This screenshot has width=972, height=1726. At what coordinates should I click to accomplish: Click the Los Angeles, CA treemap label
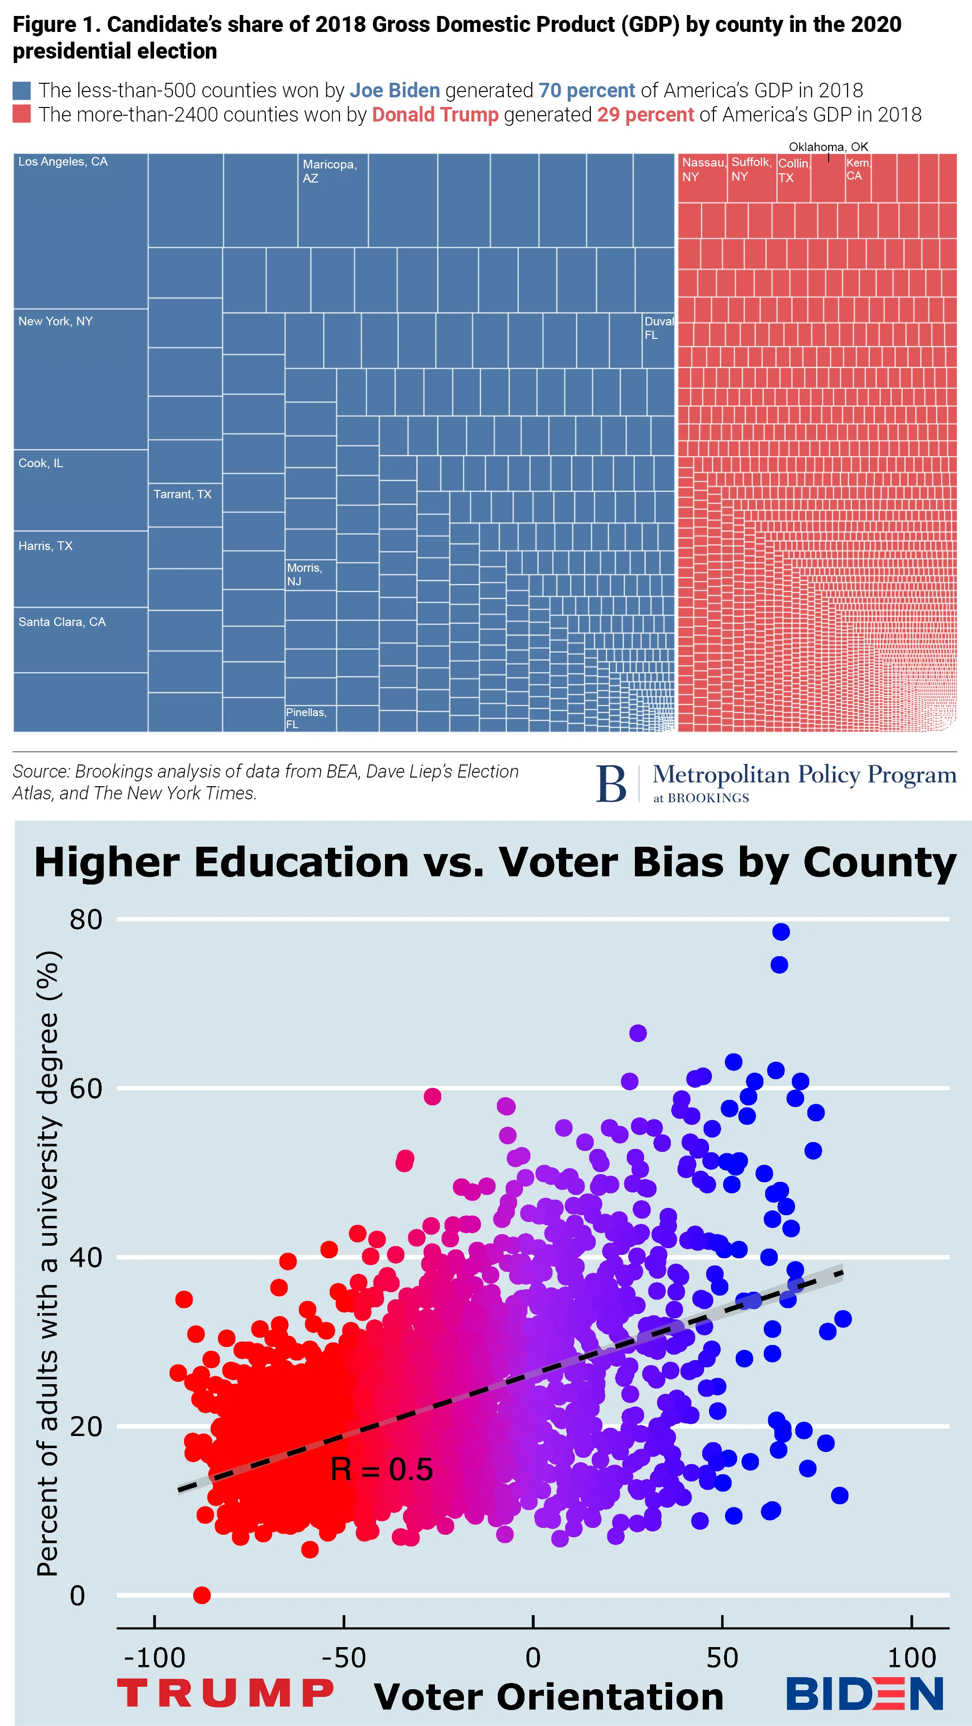pyautogui.click(x=62, y=162)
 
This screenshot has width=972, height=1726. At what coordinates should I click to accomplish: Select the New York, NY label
pyautogui.click(x=55, y=321)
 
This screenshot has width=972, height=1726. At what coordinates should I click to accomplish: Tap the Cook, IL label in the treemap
pyautogui.click(x=40, y=463)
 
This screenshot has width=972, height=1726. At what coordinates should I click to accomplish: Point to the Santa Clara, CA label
pyautogui.click(x=62, y=622)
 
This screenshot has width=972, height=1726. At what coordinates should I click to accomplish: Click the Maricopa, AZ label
pyautogui.click(x=329, y=171)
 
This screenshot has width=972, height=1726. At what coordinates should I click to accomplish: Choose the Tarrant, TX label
pyautogui.click(x=182, y=494)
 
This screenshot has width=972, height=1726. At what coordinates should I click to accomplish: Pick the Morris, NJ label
pyautogui.click(x=304, y=574)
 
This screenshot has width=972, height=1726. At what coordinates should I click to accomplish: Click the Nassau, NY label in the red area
pyautogui.click(x=703, y=169)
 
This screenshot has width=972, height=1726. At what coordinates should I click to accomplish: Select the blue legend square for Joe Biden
pyautogui.click(x=21, y=91)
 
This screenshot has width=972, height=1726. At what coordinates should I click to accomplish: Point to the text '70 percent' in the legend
pyautogui.click(x=586, y=91)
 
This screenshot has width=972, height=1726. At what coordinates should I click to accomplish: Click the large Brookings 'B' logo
pyautogui.click(x=611, y=783)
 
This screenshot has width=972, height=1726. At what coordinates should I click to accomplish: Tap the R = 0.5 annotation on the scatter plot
pyautogui.click(x=382, y=1469)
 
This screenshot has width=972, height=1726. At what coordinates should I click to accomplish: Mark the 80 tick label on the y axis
pyautogui.click(x=86, y=919)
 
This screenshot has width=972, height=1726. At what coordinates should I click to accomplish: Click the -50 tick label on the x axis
pyautogui.click(x=343, y=1658)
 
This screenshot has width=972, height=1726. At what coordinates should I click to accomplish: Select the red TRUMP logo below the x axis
pyautogui.click(x=225, y=1693)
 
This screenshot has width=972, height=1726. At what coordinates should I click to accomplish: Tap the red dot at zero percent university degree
pyautogui.click(x=202, y=1595)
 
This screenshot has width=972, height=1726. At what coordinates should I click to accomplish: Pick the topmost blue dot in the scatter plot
pyautogui.click(x=780, y=932)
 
